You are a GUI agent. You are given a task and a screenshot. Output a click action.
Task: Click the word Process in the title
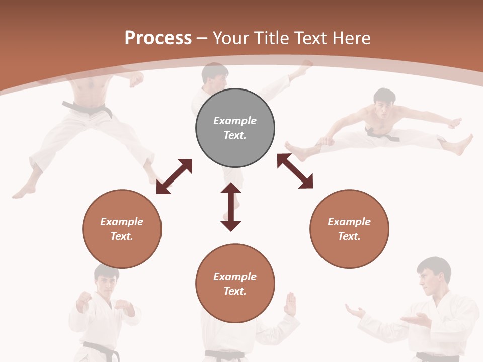click(x=158, y=38)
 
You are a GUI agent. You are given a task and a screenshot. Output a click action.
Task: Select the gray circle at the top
click(x=235, y=128)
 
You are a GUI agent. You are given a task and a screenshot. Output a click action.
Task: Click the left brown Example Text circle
click(x=122, y=229)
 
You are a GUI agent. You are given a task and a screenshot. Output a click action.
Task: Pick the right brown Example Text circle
click(x=349, y=229)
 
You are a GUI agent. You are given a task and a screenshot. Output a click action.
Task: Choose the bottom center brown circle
click(x=235, y=284)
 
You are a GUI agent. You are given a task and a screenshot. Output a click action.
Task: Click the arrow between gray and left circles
click(x=174, y=176)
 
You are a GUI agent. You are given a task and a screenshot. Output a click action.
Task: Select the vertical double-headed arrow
click(x=231, y=207)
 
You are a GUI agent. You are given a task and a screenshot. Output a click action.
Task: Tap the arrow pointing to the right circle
click(x=295, y=171)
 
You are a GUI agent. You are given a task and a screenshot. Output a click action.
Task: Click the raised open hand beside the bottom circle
click(x=290, y=304)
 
